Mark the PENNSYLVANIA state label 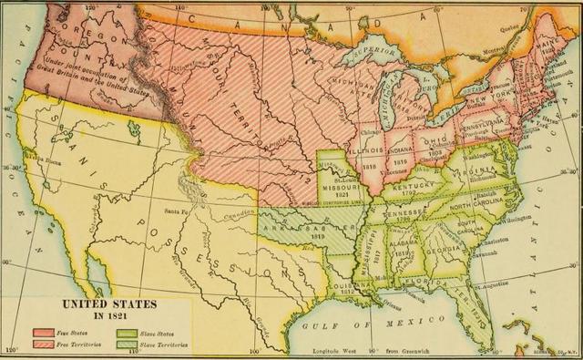486,119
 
